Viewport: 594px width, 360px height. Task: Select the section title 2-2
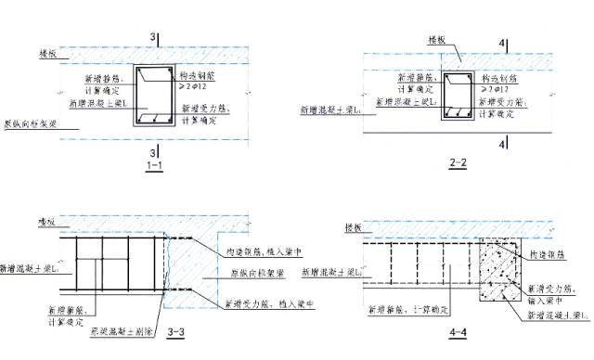pyautogui.click(x=457, y=164)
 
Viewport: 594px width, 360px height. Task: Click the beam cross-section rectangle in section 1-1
pyautogui.click(x=154, y=96)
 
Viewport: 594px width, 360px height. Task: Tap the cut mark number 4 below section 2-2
pyautogui.click(x=502, y=145)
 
